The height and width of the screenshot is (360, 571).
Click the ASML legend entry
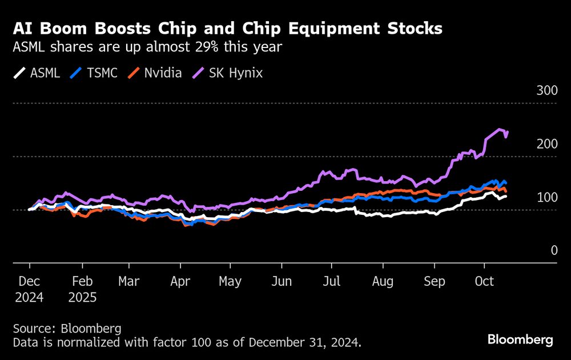[37, 73]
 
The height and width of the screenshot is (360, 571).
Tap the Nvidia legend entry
[154, 73]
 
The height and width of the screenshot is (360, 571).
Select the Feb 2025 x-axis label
[82, 290]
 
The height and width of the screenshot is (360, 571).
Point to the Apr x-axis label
[180, 282]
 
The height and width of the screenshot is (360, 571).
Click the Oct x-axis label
[484, 282]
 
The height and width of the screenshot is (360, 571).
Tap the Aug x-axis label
[383, 282]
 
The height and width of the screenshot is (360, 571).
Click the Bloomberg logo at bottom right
[520, 339]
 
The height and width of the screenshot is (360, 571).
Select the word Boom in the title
[60, 29]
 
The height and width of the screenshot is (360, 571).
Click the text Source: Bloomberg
[67, 329]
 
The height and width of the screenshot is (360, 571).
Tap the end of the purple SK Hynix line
[508, 133]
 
